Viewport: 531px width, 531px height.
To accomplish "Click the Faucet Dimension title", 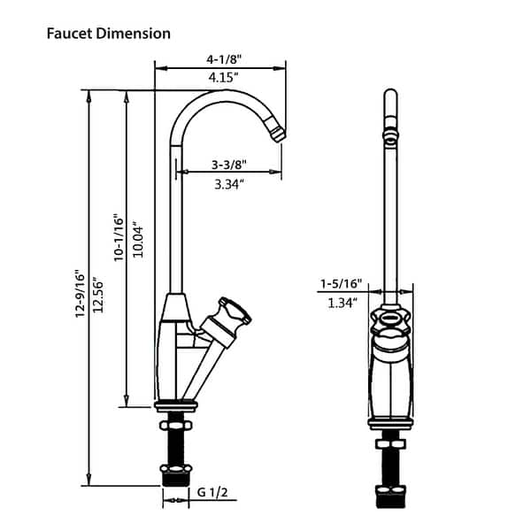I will [108, 34].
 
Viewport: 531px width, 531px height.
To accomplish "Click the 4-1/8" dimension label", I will [224, 59].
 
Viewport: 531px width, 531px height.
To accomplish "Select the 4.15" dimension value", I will [224, 77].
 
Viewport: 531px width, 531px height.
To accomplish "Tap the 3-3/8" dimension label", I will [228, 165].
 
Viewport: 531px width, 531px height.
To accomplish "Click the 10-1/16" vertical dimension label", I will [117, 236].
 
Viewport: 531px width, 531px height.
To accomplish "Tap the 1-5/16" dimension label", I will [341, 284].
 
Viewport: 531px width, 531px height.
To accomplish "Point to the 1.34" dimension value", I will [341, 303].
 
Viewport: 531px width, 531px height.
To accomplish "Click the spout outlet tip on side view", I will [278, 135].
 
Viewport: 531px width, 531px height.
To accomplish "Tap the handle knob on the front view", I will [389, 321].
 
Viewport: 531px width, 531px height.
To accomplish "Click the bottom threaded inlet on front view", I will [389, 495].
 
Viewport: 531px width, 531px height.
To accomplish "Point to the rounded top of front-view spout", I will [389, 96].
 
